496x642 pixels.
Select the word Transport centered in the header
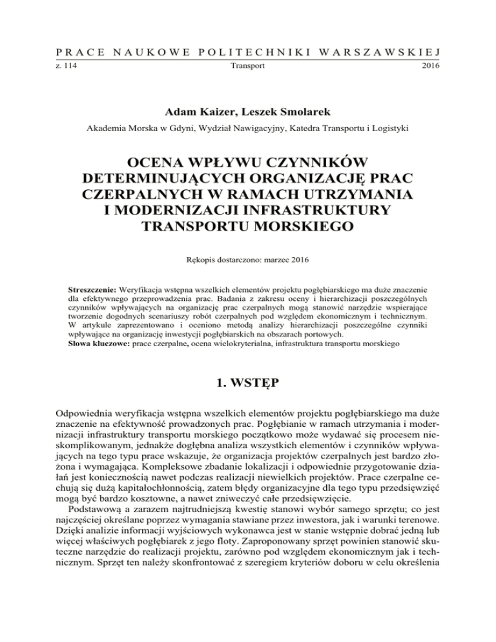pos(248,66)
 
